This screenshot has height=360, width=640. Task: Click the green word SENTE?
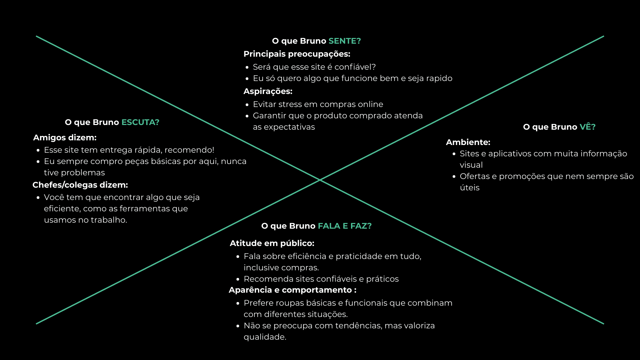tap(344, 41)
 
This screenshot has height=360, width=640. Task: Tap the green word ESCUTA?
tap(140, 122)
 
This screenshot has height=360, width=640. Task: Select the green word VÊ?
tap(587, 127)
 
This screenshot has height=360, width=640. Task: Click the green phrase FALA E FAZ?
tap(345, 226)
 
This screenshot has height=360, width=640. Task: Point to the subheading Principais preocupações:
tap(297, 54)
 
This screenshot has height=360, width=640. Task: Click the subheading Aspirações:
tap(268, 91)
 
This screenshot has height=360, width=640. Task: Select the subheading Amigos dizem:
tap(65, 138)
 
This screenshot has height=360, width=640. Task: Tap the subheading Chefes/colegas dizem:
tap(80, 185)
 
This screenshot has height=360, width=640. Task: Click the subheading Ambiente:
tap(468, 142)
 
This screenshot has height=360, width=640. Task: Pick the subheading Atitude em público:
tap(272, 243)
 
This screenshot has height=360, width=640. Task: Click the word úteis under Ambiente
tap(469, 188)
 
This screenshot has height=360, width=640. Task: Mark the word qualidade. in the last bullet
tap(265, 337)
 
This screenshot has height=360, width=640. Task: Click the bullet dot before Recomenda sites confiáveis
tap(238, 279)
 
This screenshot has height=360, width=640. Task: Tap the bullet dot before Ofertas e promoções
tap(454, 177)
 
